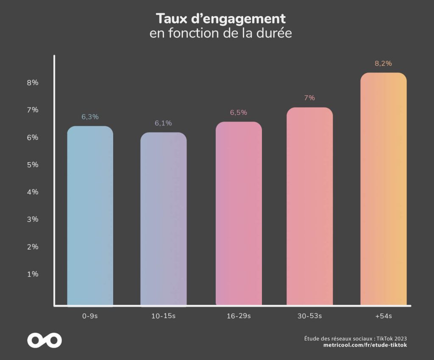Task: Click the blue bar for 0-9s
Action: pyautogui.click(x=90, y=216)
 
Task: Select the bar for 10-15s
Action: pyautogui.click(x=163, y=219)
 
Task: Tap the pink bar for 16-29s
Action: pyautogui.click(x=239, y=213)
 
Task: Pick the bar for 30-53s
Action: pyautogui.click(x=309, y=206)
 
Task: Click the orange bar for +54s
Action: pyautogui.click(x=383, y=189)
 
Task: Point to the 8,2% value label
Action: pyautogui.click(x=383, y=64)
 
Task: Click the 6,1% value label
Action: pyautogui.click(x=163, y=123)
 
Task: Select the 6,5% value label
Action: pyautogui.click(x=239, y=113)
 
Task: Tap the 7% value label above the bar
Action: pyautogui.click(x=309, y=98)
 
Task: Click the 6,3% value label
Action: pyautogui.click(x=90, y=117)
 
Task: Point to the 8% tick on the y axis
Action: pyautogui.click(x=33, y=83)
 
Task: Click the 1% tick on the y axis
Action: pyautogui.click(x=33, y=274)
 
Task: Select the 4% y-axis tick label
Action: pyautogui.click(x=33, y=192)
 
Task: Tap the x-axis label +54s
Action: pyautogui.click(x=383, y=316)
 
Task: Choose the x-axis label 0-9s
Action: pyautogui.click(x=90, y=316)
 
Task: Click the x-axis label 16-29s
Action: pyautogui.click(x=239, y=316)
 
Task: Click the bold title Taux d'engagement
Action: pyautogui.click(x=220, y=19)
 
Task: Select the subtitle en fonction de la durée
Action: pyautogui.click(x=220, y=33)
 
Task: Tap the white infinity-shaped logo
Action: pyautogui.click(x=45, y=340)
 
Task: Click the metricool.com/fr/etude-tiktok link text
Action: pyautogui.click(x=365, y=346)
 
